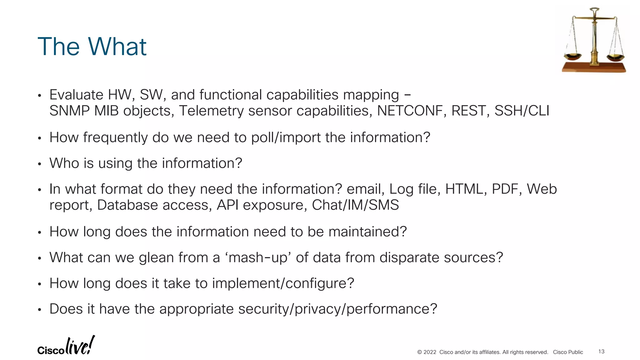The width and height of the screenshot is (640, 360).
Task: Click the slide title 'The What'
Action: [x=92, y=47]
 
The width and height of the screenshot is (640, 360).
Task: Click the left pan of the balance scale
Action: [x=572, y=57]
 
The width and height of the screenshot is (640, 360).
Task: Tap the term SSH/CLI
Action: [x=522, y=111]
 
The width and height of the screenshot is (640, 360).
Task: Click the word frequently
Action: [x=115, y=138]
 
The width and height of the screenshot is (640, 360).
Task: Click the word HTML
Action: [x=464, y=189]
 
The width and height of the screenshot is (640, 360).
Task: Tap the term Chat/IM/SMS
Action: [x=355, y=205]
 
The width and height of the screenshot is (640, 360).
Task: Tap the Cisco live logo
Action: [x=66, y=346]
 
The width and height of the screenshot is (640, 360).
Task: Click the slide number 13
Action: [x=601, y=352]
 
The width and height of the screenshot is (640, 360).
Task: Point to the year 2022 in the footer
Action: [x=430, y=352]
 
